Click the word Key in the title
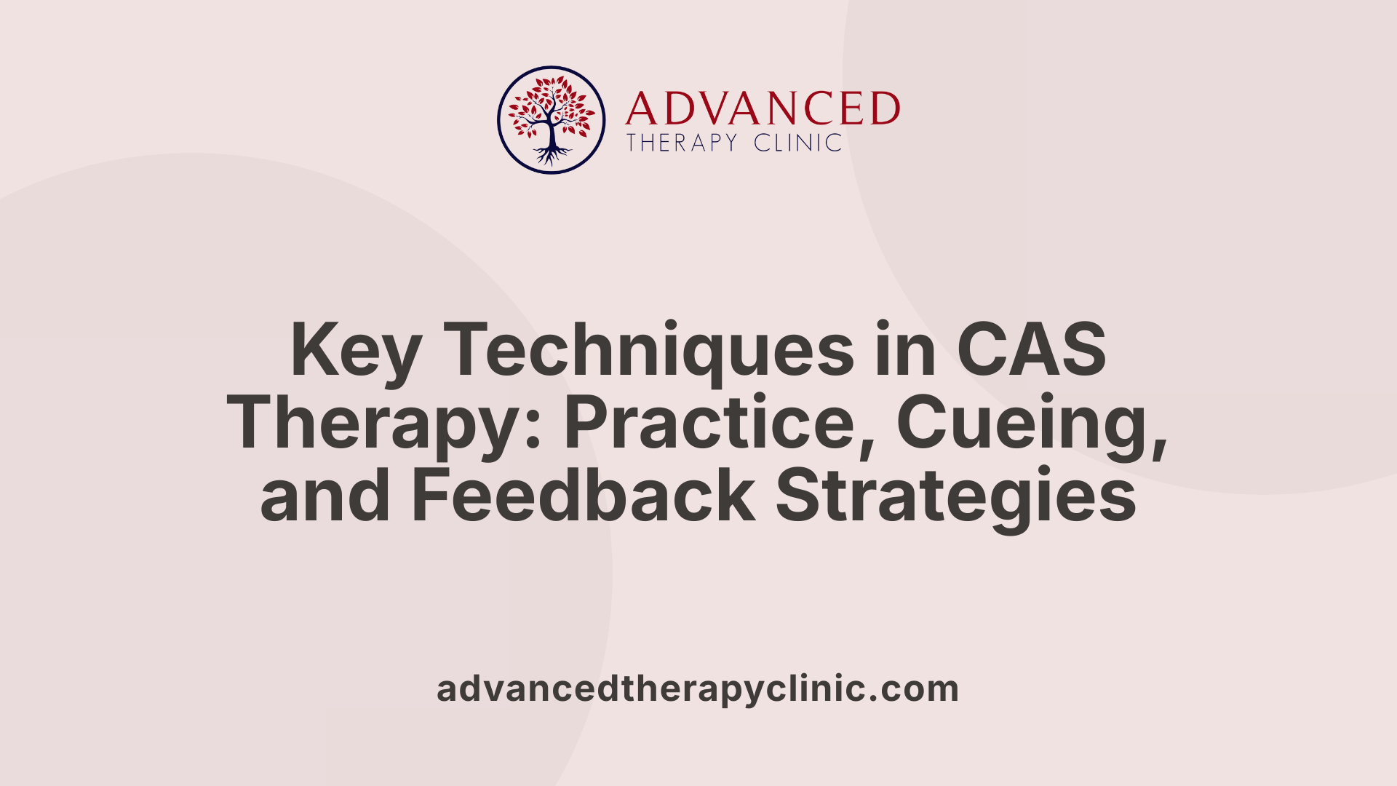click(x=355, y=351)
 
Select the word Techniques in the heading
click(x=648, y=351)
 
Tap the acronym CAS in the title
click(x=1032, y=351)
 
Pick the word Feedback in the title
click(x=583, y=496)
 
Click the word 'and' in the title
click(x=325, y=496)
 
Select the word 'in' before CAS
click(x=904, y=351)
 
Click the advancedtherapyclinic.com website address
click(x=698, y=688)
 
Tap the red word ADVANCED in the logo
click(x=763, y=108)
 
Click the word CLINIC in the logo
click(x=797, y=143)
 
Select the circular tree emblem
click(x=551, y=120)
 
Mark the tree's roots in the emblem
click(x=552, y=155)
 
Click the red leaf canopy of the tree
click(x=551, y=106)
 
